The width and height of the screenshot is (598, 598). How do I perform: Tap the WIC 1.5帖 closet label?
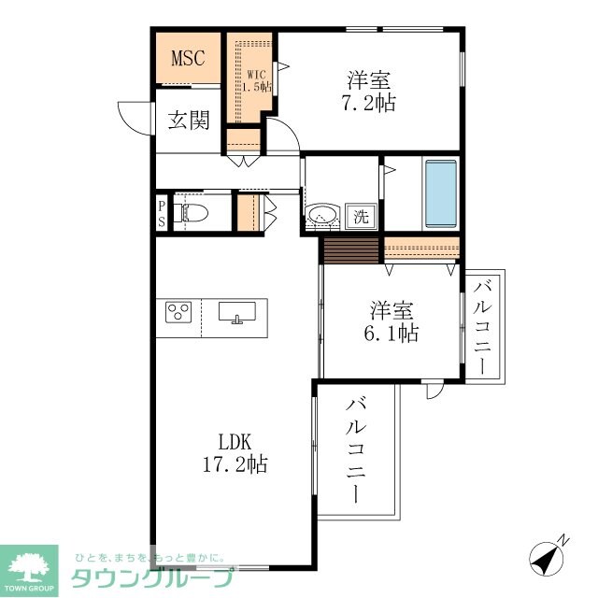[258, 79]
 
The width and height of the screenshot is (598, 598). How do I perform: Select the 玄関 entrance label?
[188, 121]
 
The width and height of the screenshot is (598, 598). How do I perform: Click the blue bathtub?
[441, 192]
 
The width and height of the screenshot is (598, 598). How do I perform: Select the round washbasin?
[323, 215]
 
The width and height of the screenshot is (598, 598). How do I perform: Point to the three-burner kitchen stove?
[179, 311]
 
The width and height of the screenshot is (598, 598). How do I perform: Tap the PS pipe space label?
[162, 214]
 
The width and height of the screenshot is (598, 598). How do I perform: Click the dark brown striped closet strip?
[350, 249]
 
